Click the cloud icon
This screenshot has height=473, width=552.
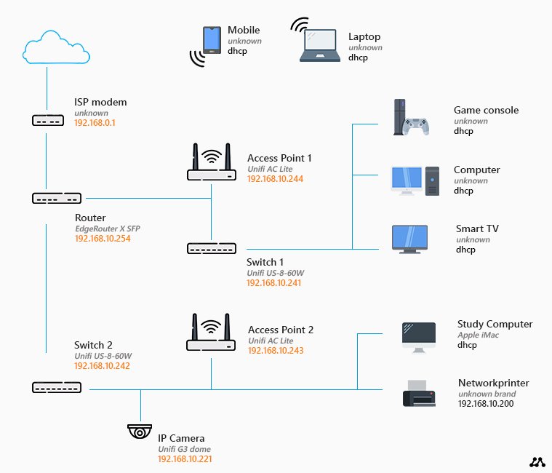click(48, 48)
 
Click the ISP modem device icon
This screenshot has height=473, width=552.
click(48, 119)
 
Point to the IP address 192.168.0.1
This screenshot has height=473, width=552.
click(95, 123)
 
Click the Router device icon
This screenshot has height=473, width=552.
click(57, 197)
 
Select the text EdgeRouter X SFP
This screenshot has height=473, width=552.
click(108, 228)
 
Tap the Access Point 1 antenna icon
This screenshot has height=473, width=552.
click(212, 163)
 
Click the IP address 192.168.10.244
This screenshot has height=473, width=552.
click(275, 178)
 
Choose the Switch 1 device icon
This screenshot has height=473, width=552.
click(212, 248)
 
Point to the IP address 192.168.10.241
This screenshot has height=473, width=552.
click(275, 282)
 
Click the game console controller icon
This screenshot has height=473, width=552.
click(417, 126)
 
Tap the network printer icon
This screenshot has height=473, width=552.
click(419, 394)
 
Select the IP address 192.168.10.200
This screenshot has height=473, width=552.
click(486, 403)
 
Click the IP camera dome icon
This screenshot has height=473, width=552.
click(139, 431)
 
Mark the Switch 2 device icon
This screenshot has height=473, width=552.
click(57, 387)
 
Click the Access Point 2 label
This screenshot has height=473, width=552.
click(281, 330)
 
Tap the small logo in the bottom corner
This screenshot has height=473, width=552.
click(537, 461)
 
